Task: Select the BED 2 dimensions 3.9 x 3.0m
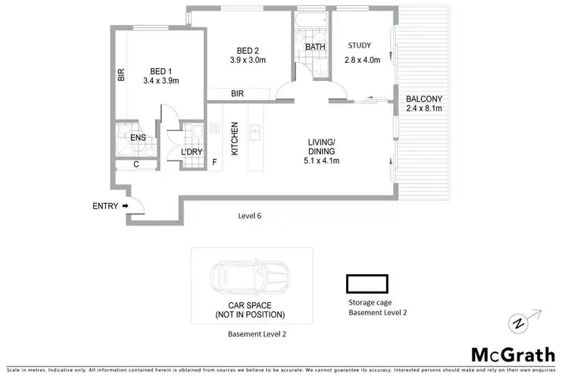(248, 61)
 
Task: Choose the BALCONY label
(423, 98)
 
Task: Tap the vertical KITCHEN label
(235, 138)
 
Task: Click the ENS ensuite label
(138, 138)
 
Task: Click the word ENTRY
(105, 206)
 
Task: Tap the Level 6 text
(248, 216)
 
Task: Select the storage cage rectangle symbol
(367, 283)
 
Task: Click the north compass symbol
(518, 322)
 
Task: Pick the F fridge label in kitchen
(214, 161)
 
